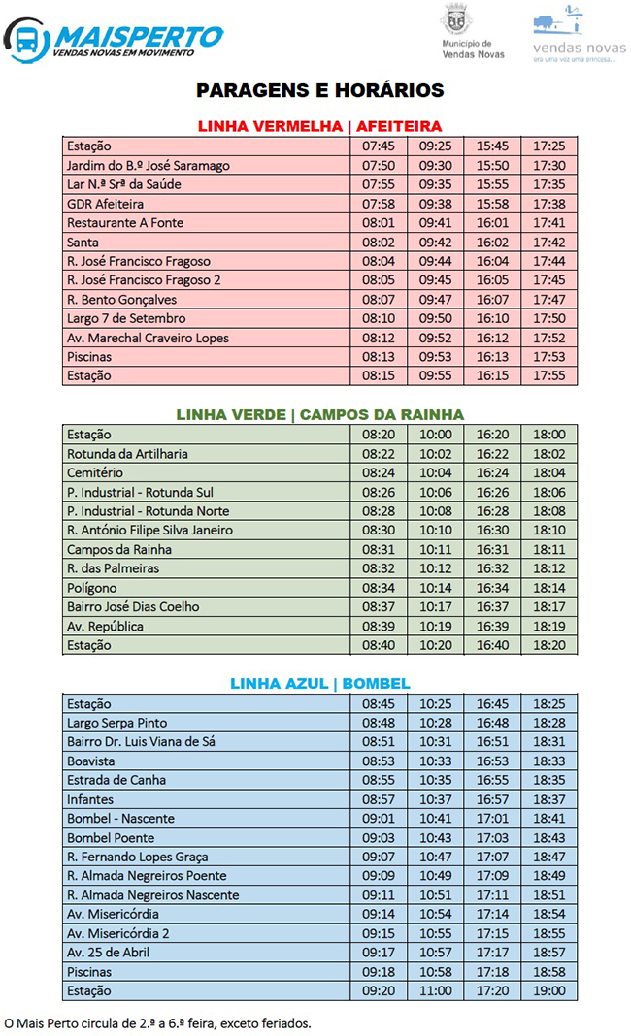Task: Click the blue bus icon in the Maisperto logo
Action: tap(26, 40)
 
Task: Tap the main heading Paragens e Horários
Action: tap(319, 90)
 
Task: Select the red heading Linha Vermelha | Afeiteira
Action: tap(319, 126)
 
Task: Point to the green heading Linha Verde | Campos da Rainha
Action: tap(320, 414)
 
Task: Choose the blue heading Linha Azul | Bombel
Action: tap(320, 683)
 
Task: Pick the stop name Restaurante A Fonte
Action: tap(125, 223)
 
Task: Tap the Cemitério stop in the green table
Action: tap(95, 472)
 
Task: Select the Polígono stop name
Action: tap(92, 588)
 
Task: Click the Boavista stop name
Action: tap(91, 761)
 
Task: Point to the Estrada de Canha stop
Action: tap(116, 780)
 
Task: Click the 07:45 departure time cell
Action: tap(379, 146)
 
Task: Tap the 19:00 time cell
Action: tap(549, 991)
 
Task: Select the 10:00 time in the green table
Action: tap(436, 435)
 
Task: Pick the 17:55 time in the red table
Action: tap(549, 376)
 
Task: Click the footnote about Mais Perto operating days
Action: tap(158, 1022)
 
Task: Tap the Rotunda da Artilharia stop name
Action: tap(128, 454)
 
